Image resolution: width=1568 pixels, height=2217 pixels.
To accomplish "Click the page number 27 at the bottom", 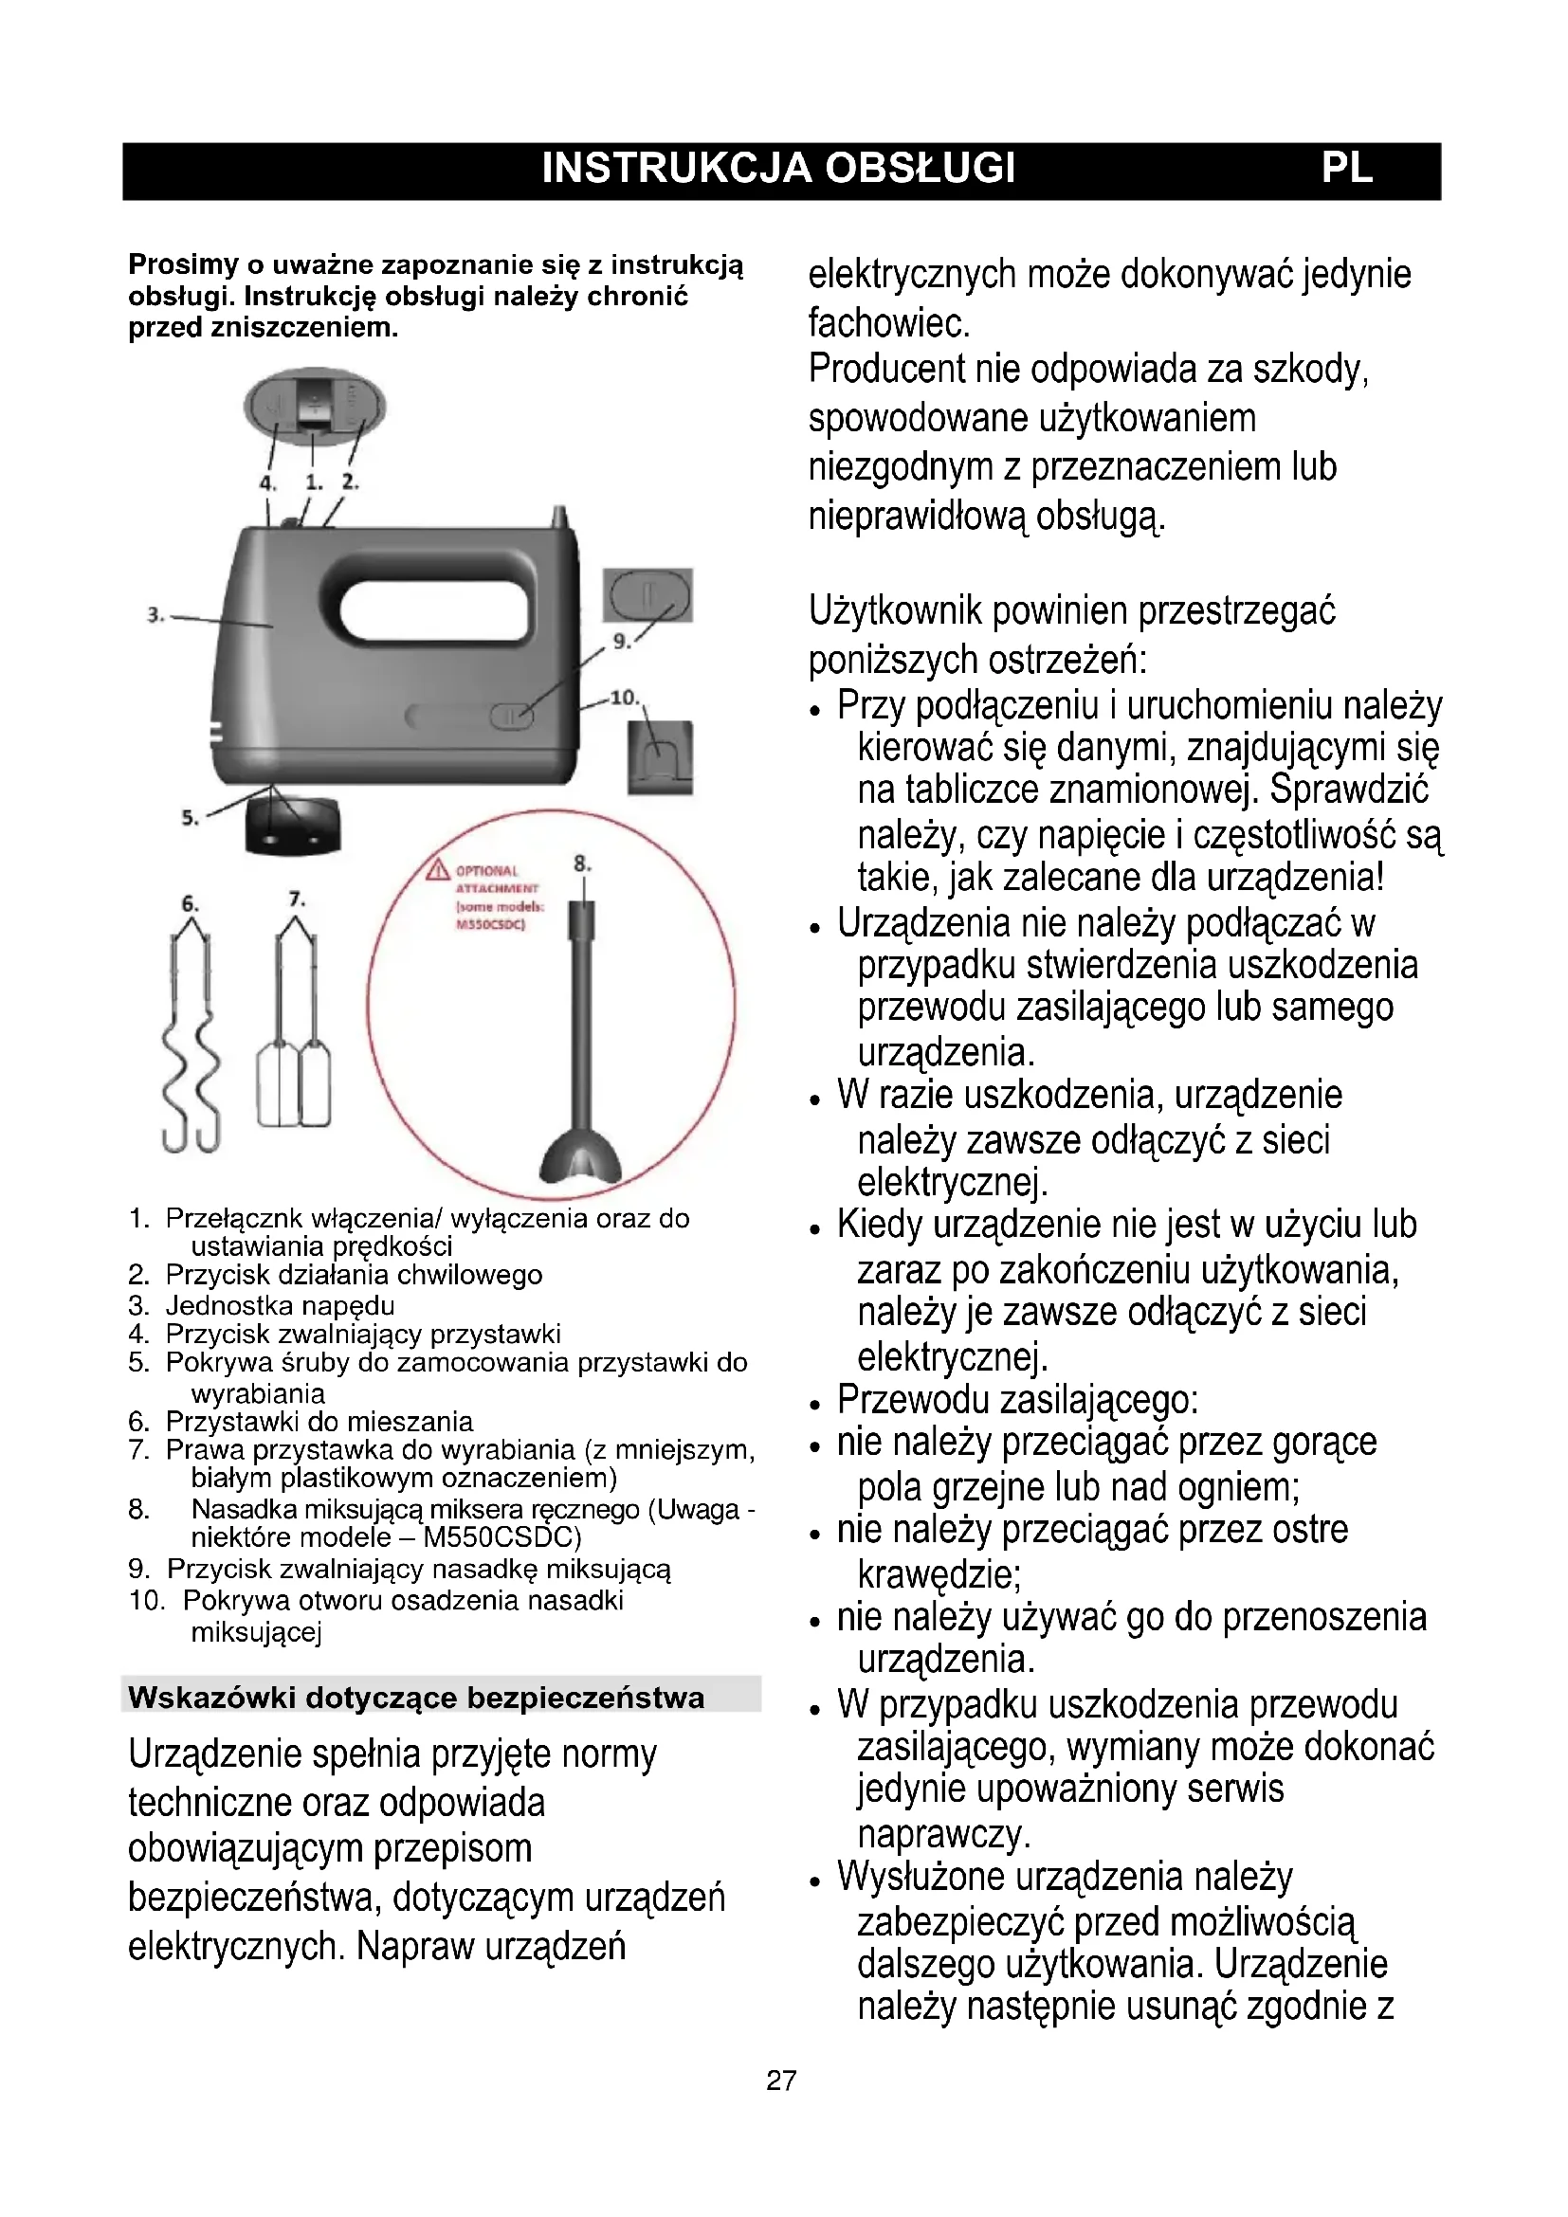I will pyautogui.click(x=781, y=2080).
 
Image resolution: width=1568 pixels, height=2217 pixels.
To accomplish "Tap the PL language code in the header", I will pyautogui.click(x=1346, y=169).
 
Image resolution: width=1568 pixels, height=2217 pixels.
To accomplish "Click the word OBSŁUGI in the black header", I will pyautogui.click(x=920, y=169).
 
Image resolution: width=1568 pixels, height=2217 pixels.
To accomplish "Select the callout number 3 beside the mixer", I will pyautogui.click(x=155, y=614).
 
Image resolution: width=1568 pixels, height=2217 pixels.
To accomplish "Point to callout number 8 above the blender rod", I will pyautogui.click(x=581, y=863).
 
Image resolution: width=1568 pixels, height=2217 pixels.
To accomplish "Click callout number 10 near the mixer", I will pyautogui.click(x=624, y=697).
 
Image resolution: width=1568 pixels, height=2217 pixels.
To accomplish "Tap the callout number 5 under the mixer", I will pyautogui.click(x=191, y=818).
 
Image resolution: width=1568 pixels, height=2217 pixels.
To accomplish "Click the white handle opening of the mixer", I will pyautogui.click(x=434, y=611).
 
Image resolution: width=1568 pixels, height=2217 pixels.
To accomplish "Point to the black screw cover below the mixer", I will pyautogui.click(x=294, y=827).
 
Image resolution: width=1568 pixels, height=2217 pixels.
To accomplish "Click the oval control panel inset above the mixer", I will pyautogui.click(x=314, y=406).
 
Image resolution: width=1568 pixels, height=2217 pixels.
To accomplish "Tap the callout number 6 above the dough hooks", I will pyautogui.click(x=191, y=904).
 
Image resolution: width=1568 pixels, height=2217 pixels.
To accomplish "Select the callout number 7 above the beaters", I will pyautogui.click(x=297, y=898).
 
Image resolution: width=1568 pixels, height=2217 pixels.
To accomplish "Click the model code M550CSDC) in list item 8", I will pyautogui.click(x=502, y=1536).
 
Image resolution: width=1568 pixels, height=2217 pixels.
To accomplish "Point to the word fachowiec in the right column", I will pyautogui.click(x=888, y=322).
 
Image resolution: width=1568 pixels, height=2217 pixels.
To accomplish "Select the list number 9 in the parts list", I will pyautogui.click(x=139, y=1569).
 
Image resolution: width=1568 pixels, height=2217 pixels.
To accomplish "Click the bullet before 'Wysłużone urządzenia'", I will pyautogui.click(x=816, y=1882).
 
